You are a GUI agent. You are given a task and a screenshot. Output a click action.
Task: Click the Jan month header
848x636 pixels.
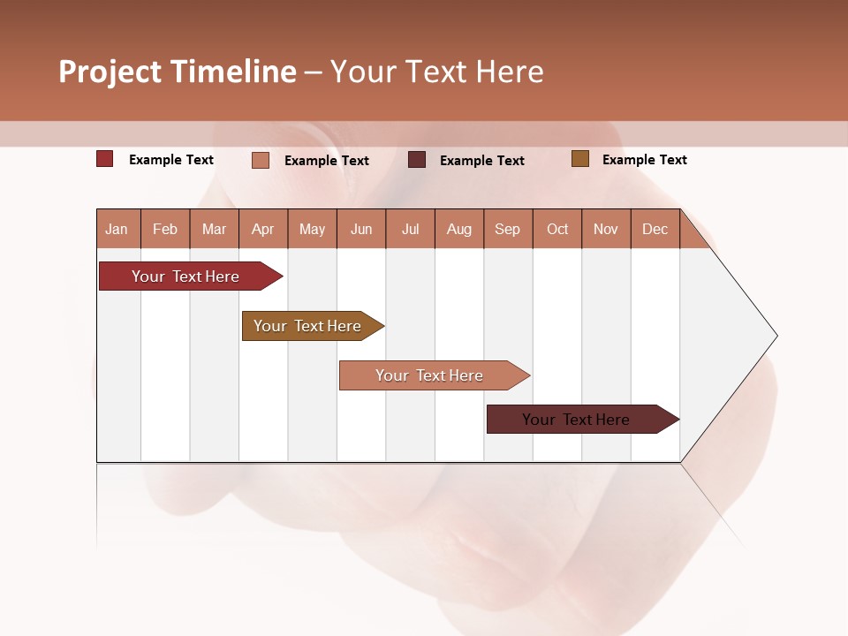[117, 229]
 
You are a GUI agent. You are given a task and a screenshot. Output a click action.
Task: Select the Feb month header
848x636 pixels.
[165, 229]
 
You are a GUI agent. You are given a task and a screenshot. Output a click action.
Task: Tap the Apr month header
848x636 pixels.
[262, 229]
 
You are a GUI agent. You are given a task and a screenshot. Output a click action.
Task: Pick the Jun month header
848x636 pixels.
[360, 229]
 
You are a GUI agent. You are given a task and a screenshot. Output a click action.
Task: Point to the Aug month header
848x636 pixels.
[458, 229]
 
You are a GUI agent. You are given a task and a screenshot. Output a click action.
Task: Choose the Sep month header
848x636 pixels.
[507, 229]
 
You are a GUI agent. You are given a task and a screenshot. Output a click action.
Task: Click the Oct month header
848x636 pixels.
[556, 229]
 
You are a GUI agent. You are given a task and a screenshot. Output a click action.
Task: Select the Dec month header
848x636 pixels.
[655, 229]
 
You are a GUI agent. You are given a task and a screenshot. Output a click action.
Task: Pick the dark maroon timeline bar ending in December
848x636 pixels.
[579, 420]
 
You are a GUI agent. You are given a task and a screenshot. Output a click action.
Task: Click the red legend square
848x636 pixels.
[104, 159]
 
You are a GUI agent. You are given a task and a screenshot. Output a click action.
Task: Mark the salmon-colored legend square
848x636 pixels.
[260, 160]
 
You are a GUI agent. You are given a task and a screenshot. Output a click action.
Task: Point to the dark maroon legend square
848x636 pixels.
[417, 159]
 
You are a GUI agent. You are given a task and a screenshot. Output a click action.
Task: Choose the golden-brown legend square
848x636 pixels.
[579, 159]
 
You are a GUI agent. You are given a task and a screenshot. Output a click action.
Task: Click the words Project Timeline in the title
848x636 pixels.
[177, 72]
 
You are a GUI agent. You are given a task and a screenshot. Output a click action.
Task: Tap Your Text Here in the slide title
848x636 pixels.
[436, 72]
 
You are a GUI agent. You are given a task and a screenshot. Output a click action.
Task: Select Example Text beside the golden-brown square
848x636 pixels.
[644, 160]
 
